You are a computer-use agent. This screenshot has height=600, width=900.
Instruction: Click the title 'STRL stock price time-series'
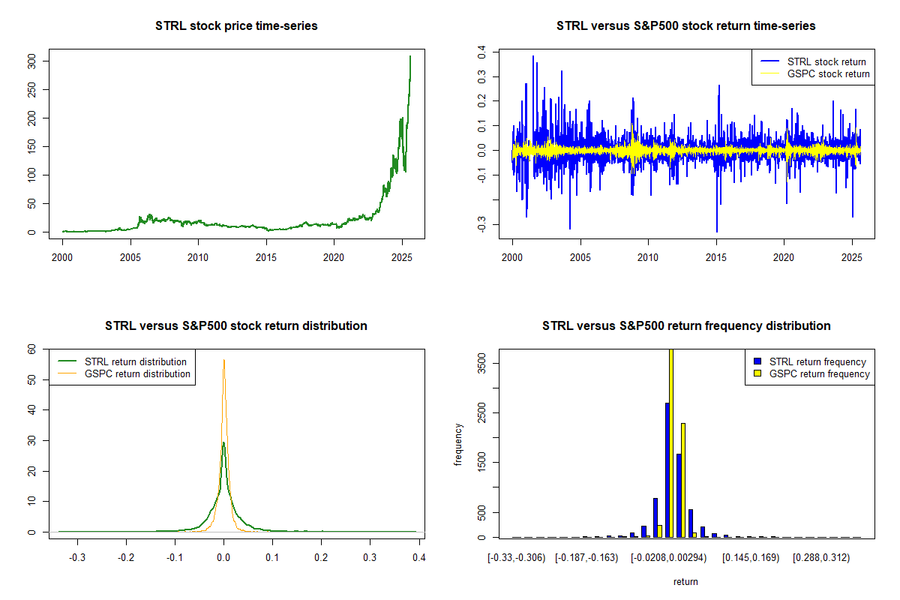[236, 26]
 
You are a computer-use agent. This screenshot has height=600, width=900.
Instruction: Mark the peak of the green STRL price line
[410, 56]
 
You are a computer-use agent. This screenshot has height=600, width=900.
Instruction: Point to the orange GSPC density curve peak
[223, 360]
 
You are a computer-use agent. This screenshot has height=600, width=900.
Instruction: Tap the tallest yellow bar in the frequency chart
[671, 442]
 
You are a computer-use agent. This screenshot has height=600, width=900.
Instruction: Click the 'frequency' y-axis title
[458, 445]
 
